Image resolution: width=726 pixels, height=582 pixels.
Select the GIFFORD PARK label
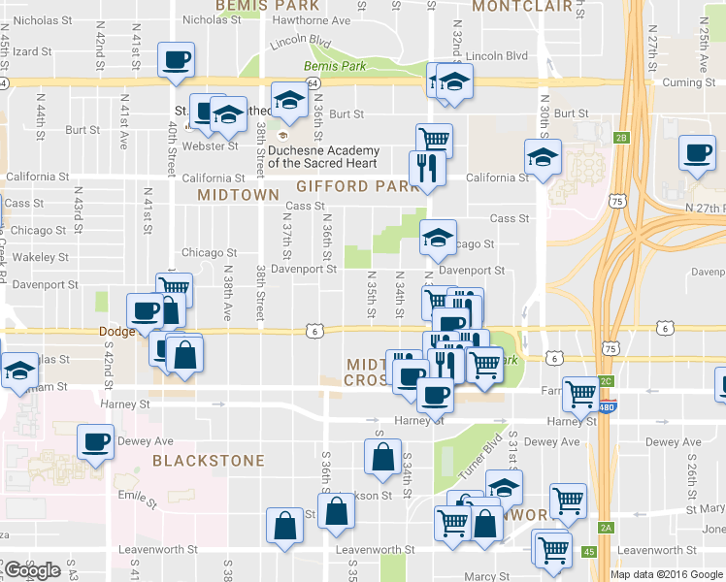pos(345,185)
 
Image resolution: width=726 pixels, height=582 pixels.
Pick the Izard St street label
pos(32,50)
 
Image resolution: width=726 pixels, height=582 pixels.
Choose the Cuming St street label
pos(689,84)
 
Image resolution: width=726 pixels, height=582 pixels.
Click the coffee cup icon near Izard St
pos(177,60)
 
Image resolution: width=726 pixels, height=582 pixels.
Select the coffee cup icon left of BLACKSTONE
pos(96,443)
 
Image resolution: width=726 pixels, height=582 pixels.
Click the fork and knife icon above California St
pos(427,167)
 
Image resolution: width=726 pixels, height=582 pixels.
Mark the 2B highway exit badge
pos(621,138)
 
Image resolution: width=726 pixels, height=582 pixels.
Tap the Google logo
pos(32,570)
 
